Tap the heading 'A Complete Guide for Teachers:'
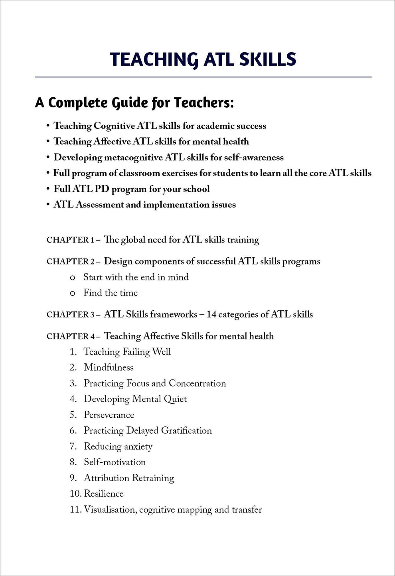(134, 103)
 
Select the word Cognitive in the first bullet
(114, 126)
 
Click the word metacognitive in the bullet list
(133, 158)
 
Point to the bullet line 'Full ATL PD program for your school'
(132, 189)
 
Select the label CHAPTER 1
(70, 240)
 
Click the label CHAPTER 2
(70, 262)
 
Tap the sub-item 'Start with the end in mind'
(136, 277)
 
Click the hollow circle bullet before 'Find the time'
(73, 294)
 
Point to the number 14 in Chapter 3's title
(211, 315)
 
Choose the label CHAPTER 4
(70, 337)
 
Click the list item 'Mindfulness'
(109, 367)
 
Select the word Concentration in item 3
(197, 383)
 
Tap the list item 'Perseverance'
(109, 415)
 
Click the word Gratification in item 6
(186, 431)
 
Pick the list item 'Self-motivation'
(115, 462)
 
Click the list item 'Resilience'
(103, 494)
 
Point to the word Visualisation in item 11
(110, 510)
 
